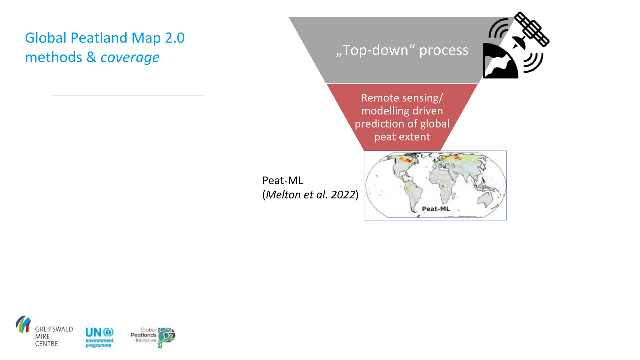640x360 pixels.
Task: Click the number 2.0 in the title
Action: [175, 38]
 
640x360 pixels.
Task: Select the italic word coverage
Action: [130, 57]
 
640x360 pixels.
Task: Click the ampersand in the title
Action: [91, 57]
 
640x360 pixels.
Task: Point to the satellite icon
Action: [532, 29]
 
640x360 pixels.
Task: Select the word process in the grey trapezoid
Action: [443, 50]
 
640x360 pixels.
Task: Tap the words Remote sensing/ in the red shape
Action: [402, 98]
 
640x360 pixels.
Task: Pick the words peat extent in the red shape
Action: [402, 137]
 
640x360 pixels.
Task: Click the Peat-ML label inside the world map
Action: [436, 209]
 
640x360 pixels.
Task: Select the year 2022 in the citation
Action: [343, 195]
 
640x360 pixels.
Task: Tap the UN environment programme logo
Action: [99, 337]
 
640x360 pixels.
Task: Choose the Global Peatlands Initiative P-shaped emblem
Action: [166, 337]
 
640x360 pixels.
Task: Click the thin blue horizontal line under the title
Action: [128, 96]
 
